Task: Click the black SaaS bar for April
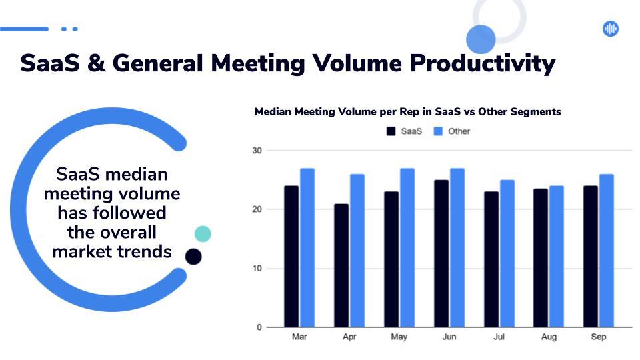pos(341,265)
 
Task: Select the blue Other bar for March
pos(307,248)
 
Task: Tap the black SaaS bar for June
pos(441,253)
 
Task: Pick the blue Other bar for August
pos(556,256)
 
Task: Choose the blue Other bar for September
pos(607,251)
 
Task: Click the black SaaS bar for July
pos(491,259)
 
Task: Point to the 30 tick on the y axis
pos(257,151)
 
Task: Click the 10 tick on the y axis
pos(257,269)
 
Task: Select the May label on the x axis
pos(399,337)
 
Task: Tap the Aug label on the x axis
pos(549,337)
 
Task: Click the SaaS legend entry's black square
pos(391,131)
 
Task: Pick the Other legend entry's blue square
pos(438,131)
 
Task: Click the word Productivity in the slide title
pos(483,64)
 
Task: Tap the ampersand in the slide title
pos(96,64)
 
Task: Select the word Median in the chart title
pos(273,112)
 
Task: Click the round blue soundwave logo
pos(611,29)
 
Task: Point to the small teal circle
pos(203,234)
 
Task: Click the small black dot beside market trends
pos(193,257)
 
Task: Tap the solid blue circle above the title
pos(481,39)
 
